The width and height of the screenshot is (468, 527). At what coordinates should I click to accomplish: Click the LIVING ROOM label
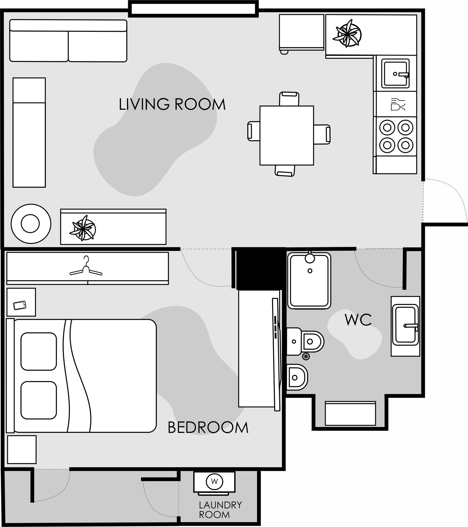point(172,104)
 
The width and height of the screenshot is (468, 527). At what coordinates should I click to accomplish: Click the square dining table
point(287,135)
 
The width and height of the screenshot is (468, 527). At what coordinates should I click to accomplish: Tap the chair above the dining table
point(289,99)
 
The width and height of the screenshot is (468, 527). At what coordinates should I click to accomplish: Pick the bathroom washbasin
point(405,326)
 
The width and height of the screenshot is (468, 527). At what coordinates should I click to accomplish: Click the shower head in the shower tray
point(310,257)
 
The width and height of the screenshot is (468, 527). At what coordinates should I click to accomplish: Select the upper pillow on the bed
point(39,351)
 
